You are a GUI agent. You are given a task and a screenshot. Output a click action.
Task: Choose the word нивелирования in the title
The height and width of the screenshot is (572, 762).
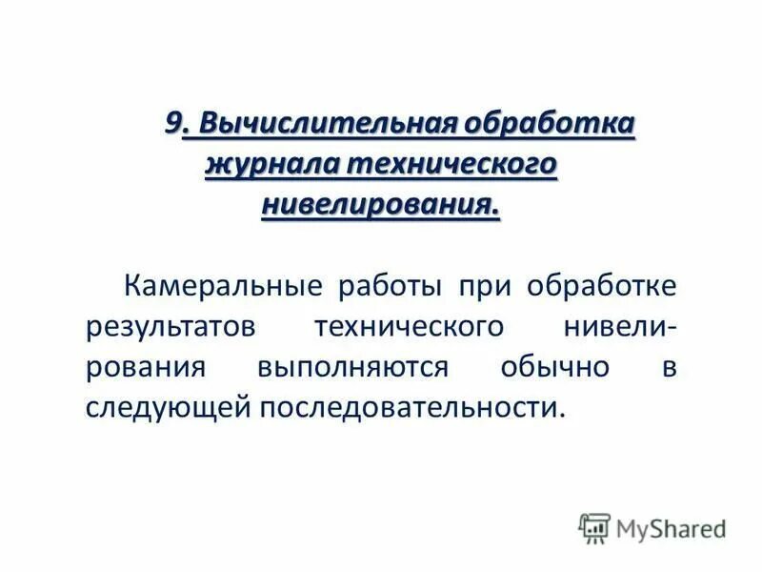click(379, 203)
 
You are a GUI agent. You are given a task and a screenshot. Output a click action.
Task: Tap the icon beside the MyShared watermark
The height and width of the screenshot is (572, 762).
click(595, 526)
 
